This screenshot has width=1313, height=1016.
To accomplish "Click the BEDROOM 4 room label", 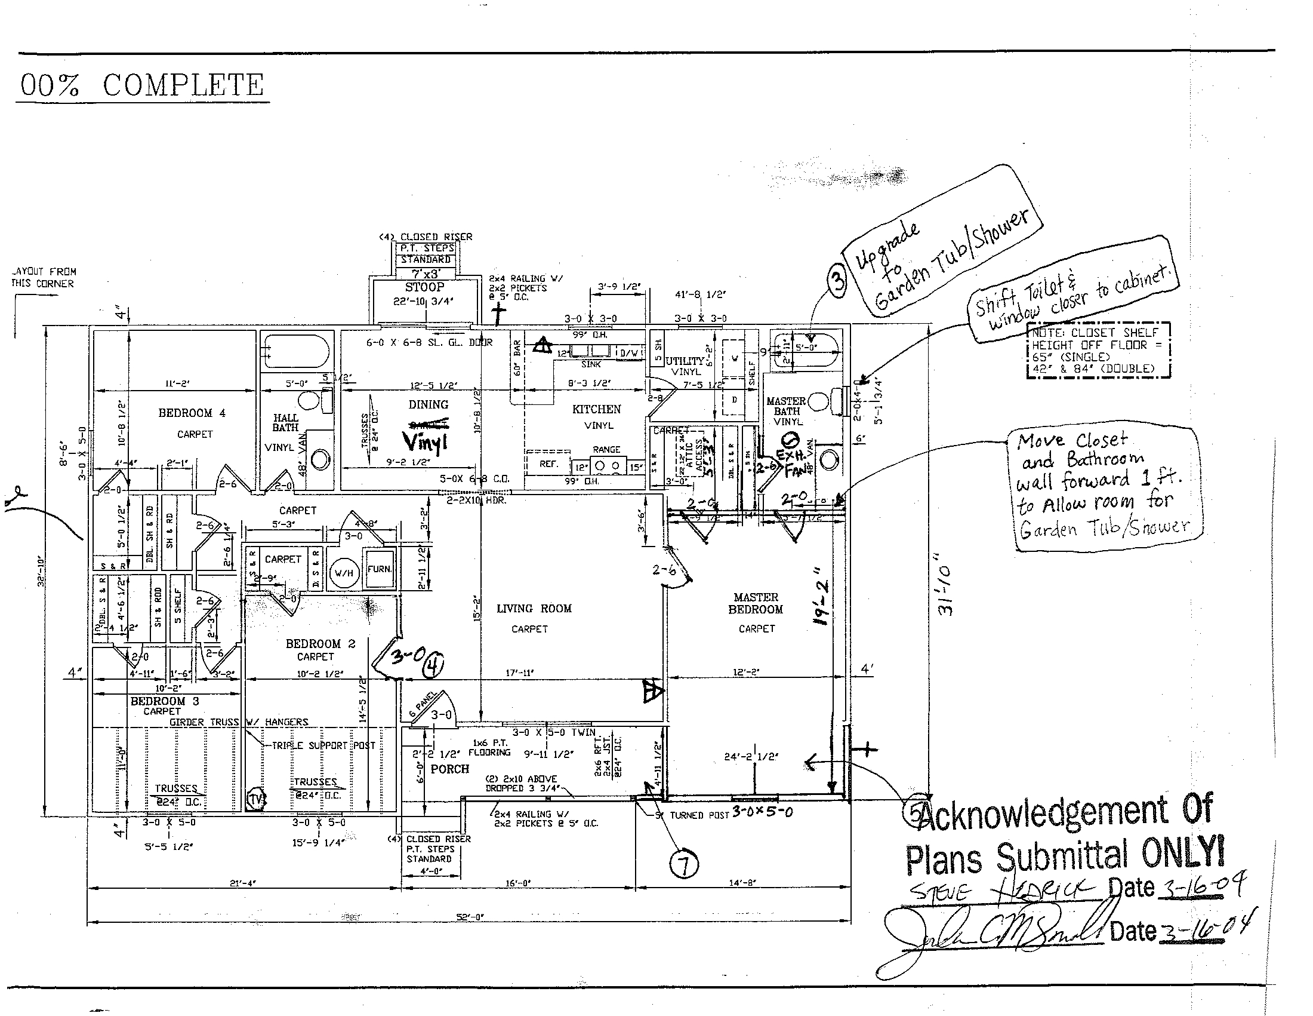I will (192, 413).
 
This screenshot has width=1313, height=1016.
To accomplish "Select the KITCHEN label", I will (596, 409).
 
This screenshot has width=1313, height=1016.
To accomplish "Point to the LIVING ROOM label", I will (534, 609).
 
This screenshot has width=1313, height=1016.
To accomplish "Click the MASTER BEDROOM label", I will (756, 603).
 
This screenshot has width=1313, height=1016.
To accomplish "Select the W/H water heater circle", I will (344, 573).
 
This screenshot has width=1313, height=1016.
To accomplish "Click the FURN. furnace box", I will (380, 569).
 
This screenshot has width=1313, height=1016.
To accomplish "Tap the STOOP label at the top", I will (424, 287).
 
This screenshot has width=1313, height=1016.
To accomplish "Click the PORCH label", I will (449, 769).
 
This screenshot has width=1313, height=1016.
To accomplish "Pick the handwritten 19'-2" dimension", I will (821, 596).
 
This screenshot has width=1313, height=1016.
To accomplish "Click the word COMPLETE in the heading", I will (183, 85).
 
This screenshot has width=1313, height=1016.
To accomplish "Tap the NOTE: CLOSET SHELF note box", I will (1098, 351).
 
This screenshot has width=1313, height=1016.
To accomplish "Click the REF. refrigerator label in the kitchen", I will (548, 464).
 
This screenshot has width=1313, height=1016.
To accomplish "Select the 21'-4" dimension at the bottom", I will (242, 883).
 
